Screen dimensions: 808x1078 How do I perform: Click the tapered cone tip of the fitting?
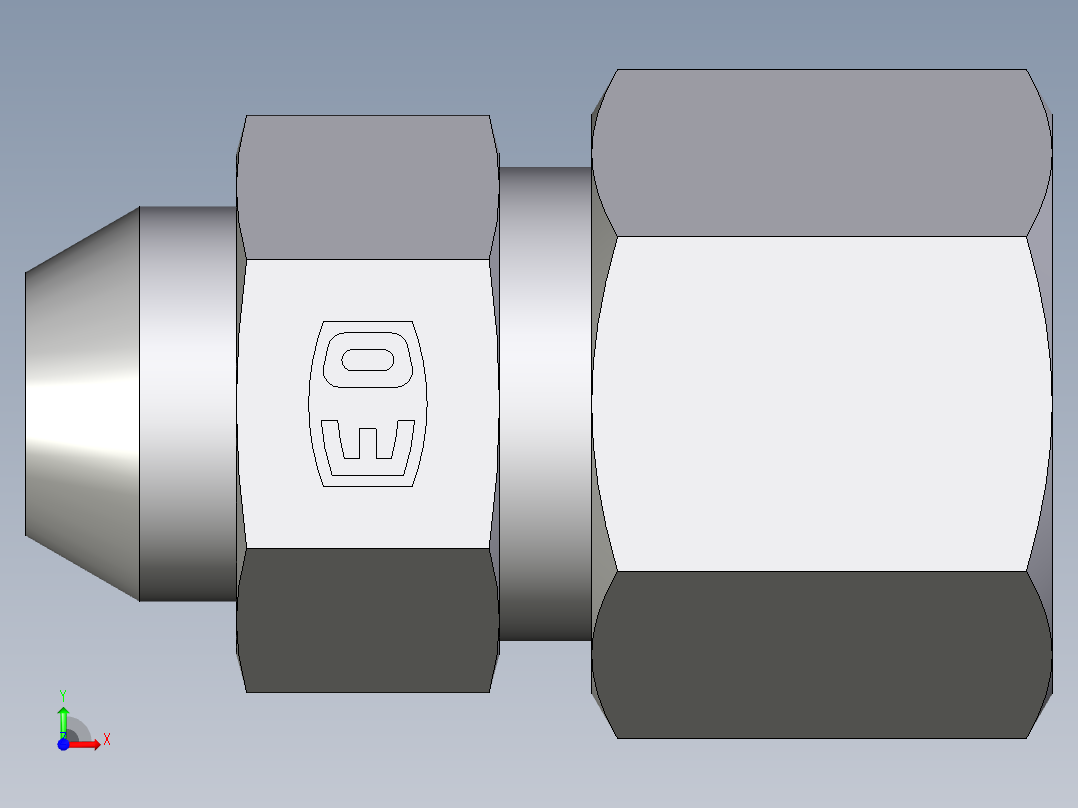click(80, 404)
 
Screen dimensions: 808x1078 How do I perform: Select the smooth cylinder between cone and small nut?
click(187, 404)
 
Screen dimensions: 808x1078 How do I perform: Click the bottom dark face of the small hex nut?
click(367, 620)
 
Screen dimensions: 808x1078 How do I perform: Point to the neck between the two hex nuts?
click(545, 404)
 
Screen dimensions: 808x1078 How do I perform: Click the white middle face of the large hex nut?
click(820, 404)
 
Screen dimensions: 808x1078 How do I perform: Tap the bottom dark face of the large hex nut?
click(820, 655)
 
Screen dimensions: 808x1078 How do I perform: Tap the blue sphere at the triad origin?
click(63, 744)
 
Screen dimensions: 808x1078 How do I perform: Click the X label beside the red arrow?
click(106, 740)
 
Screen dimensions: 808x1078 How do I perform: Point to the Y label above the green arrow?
click(63, 694)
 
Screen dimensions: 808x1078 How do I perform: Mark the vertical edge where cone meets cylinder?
click(139, 404)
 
